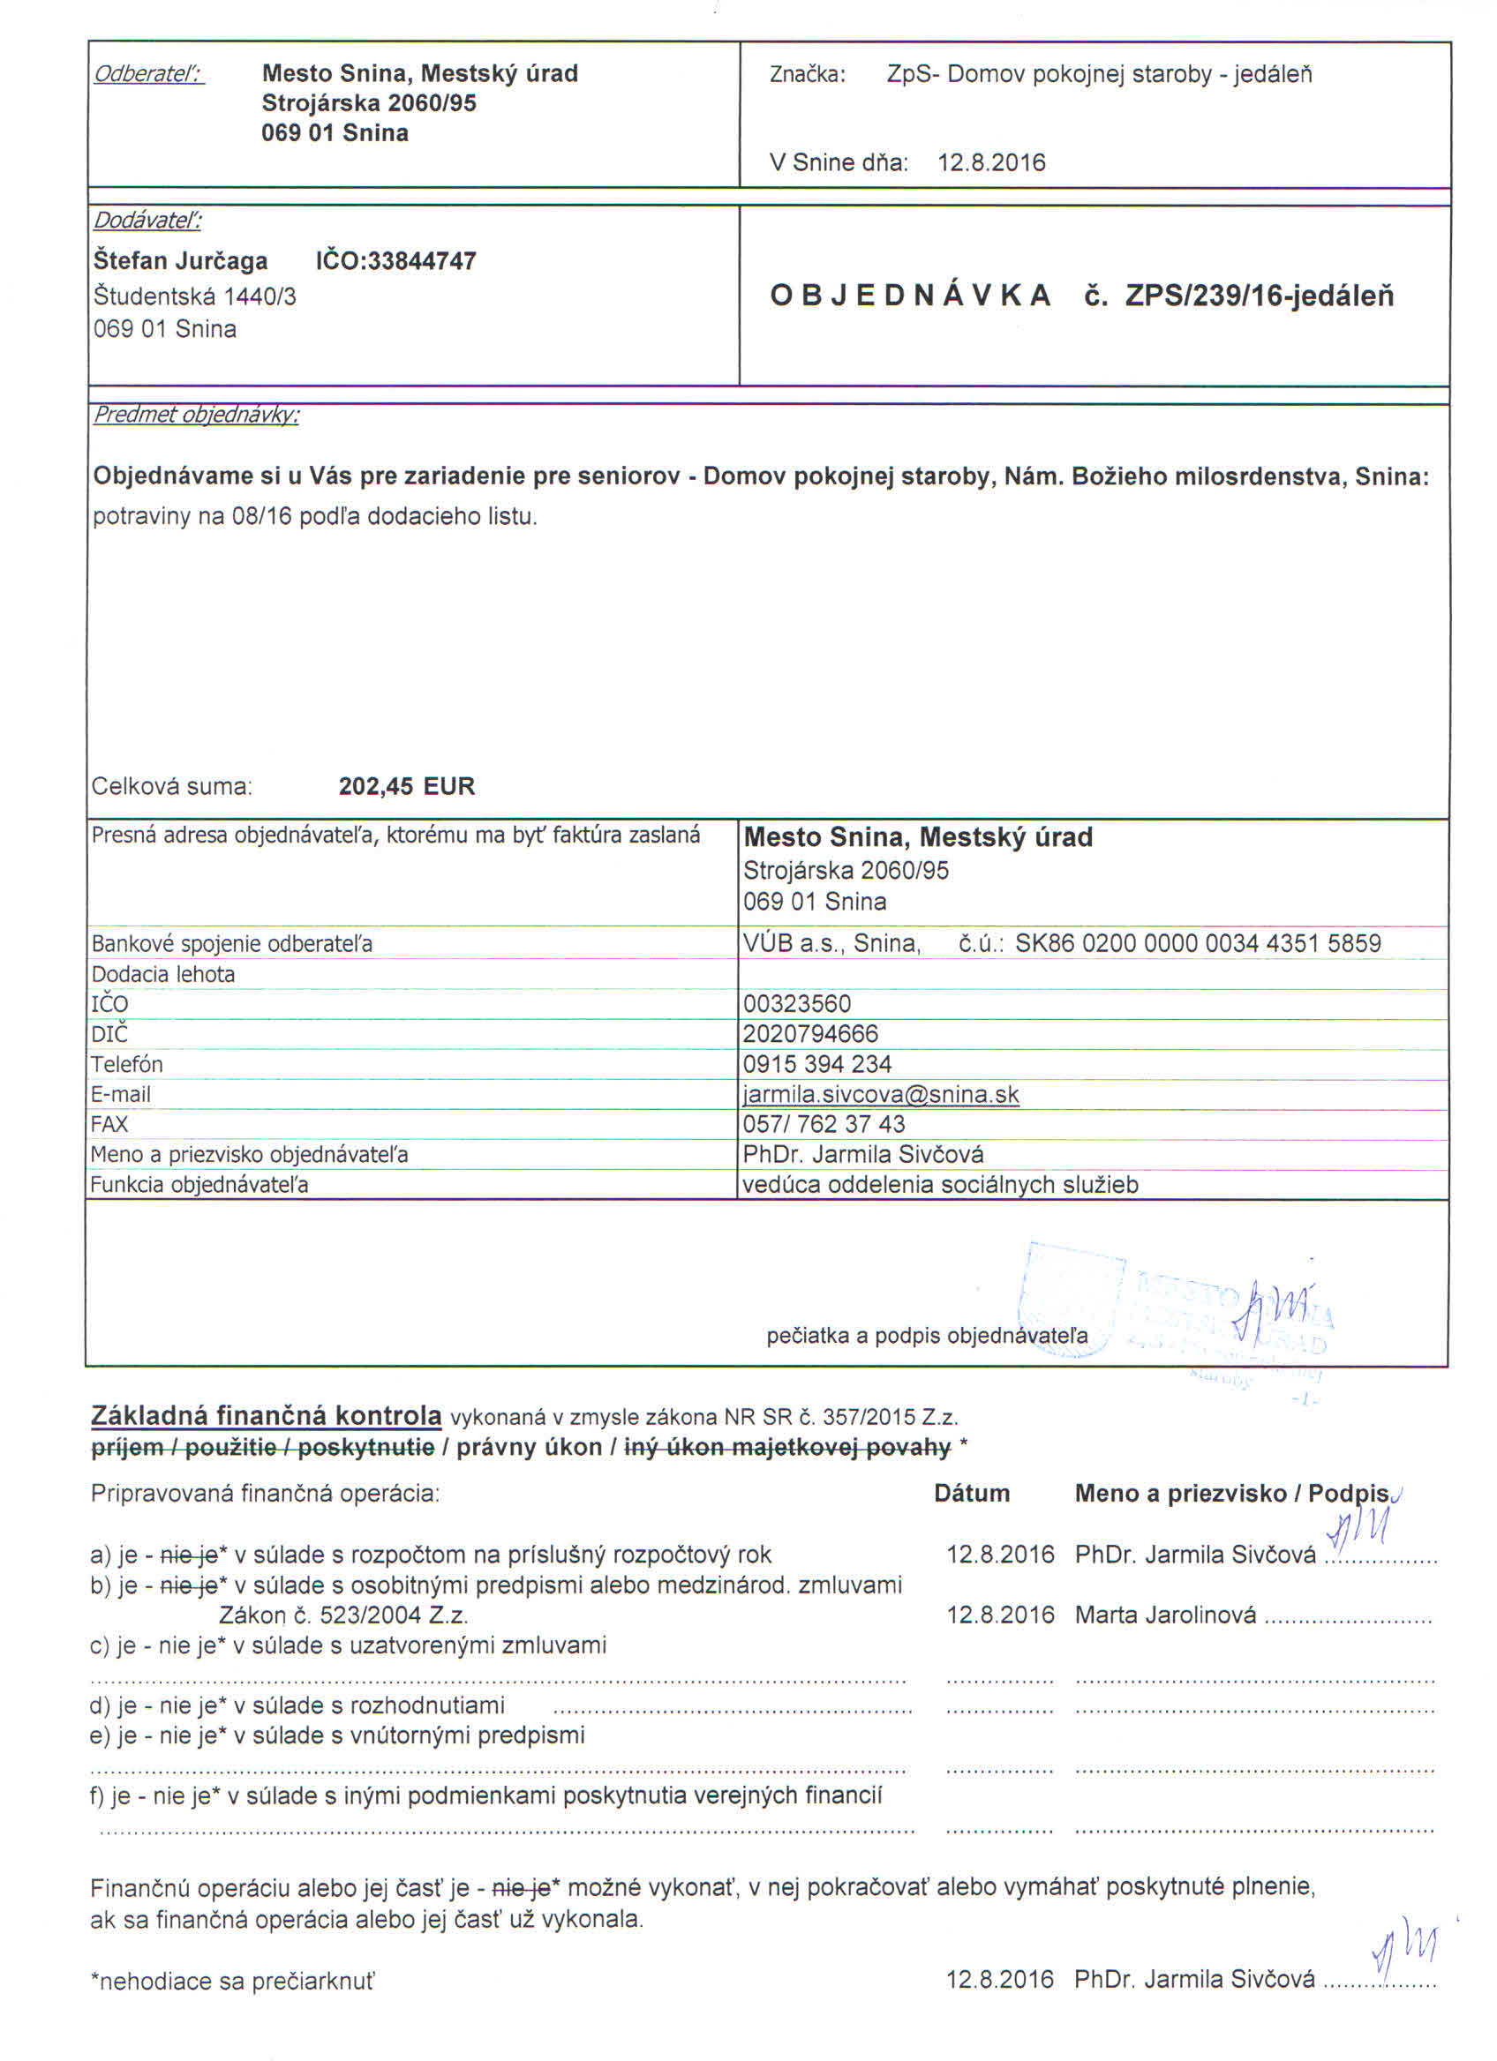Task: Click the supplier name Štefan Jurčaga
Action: click(x=180, y=261)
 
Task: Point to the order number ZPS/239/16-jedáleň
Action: click(x=1259, y=296)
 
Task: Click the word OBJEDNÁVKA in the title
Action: click(x=910, y=296)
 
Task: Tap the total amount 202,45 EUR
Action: click(x=406, y=786)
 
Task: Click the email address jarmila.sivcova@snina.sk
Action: click(x=881, y=1094)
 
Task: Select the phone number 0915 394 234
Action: click(x=817, y=1064)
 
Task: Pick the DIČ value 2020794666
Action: click(x=811, y=1034)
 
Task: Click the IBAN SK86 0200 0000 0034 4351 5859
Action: click(x=1197, y=943)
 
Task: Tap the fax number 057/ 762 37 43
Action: click(x=824, y=1124)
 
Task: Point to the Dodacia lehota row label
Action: click(x=162, y=974)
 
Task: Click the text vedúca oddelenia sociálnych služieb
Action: click(x=940, y=1185)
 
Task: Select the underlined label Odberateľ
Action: click(x=149, y=73)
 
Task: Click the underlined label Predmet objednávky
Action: click(x=195, y=415)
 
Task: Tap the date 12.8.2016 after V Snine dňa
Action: click(x=990, y=162)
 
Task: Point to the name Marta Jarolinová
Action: click(x=1165, y=1615)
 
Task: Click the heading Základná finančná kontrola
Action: click(x=267, y=1416)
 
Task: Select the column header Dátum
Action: click(x=972, y=1493)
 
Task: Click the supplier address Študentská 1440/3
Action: click(x=194, y=296)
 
